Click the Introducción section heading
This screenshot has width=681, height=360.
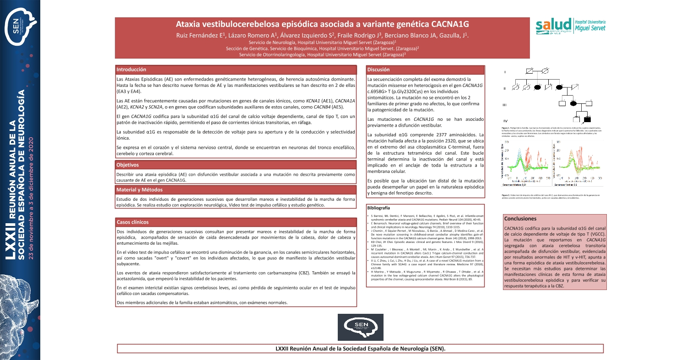[131, 70]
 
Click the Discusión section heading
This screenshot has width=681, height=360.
[378, 70]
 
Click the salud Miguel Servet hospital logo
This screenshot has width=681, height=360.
[572, 27]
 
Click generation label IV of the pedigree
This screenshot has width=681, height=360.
[505, 120]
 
